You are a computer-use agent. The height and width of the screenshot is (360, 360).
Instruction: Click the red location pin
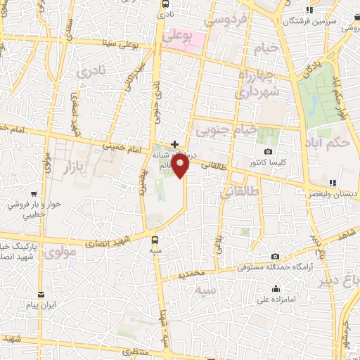pos(182,167)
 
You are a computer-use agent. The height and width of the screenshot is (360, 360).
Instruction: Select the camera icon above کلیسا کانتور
pos(268,152)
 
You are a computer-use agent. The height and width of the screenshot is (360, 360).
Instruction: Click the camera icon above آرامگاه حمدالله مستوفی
pos(275,256)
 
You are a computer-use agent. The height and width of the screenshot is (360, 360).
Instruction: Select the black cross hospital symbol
pos(174,144)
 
